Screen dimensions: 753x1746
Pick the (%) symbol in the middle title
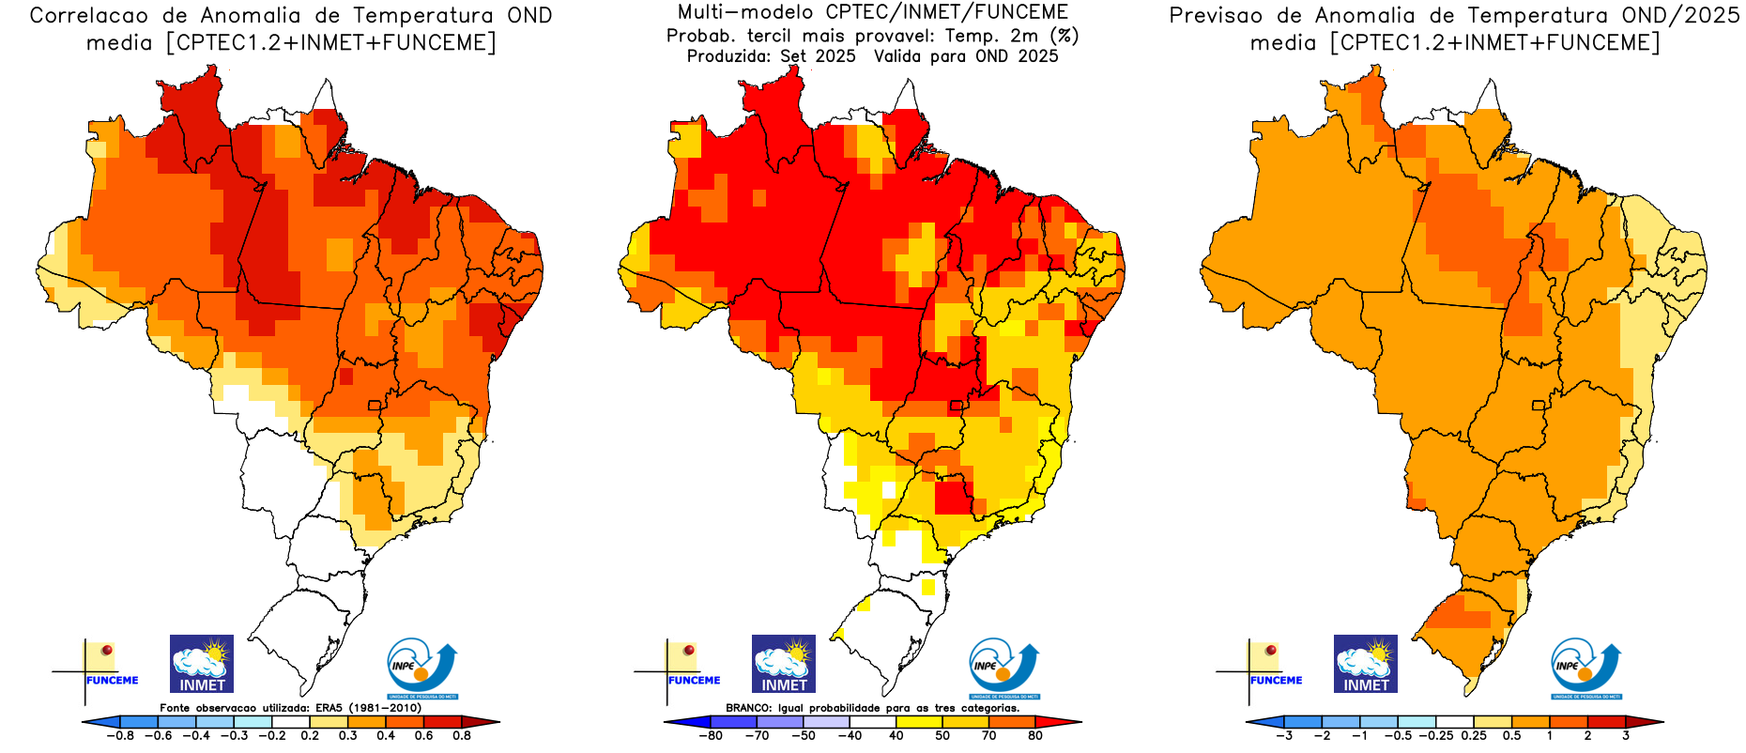1064,36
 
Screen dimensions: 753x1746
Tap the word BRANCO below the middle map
749,708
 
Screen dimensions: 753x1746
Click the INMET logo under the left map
202,664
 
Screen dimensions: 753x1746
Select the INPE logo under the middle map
1003,668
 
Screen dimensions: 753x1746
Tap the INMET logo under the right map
1366,664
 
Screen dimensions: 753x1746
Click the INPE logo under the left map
421,668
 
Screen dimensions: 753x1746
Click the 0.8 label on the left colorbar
462,736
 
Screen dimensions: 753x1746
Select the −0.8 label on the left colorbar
119,736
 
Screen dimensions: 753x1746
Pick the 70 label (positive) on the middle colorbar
988,736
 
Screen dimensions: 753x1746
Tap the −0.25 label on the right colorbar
1435,736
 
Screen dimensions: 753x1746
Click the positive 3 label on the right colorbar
1626,736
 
